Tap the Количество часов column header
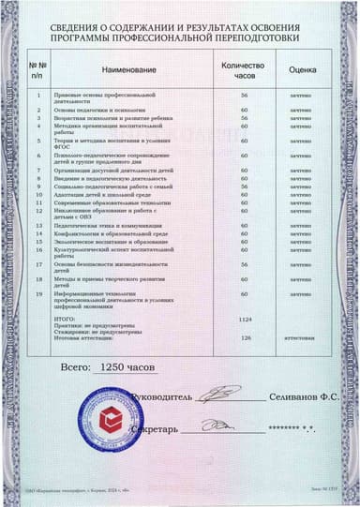243,68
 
